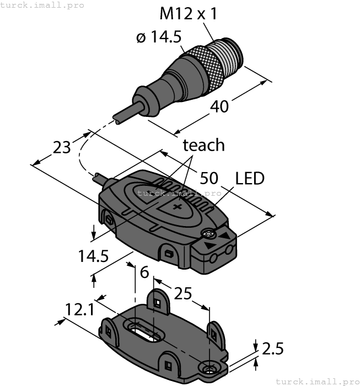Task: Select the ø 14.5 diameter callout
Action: (159, 37)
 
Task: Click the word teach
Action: (203, 145)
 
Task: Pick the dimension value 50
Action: (209, 178)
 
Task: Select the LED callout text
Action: (250, 178)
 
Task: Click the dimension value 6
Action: (144, 272)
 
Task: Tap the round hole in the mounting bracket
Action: (209, 368)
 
